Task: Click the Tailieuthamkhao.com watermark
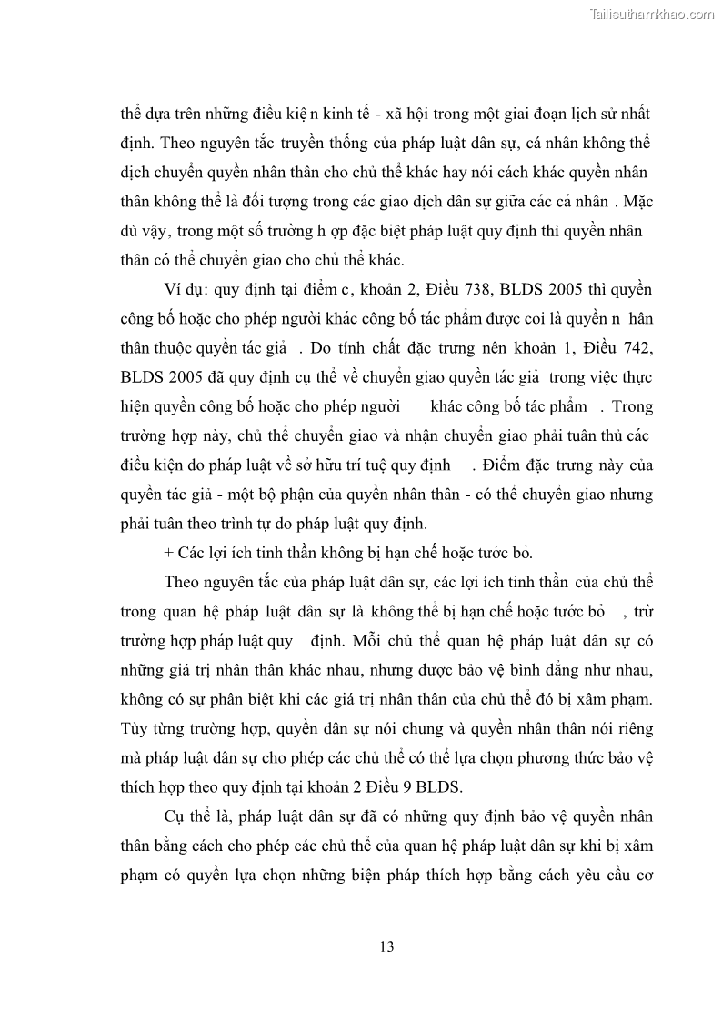(x=652, y=14)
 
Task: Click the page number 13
(x=387, y=946)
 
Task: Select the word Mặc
(x=633, y=202)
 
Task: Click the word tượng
(x=275, y=203)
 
